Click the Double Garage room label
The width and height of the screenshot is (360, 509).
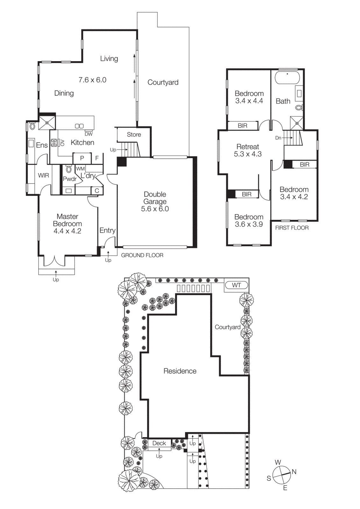tap(155, 201)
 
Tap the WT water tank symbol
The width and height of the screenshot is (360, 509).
tap(236, 285)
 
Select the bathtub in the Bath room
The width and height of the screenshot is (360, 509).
tap(287, 77)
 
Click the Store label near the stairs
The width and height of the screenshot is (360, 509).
tap(134, 135)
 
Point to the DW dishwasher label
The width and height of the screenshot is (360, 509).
tap(88, 134)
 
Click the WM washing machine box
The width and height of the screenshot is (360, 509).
tap(80, 169)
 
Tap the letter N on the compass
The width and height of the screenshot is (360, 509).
tap(294, 472)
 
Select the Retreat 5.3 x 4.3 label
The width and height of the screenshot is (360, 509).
tap(248, 150)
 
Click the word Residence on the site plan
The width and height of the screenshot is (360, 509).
tap(180, 371)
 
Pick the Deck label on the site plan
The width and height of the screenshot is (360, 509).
tap(159, 443)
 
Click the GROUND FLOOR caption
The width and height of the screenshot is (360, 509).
tap(142, 255)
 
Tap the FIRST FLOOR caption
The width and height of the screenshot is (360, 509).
tap(292, 228)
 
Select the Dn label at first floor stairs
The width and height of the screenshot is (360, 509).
tap(278, 138)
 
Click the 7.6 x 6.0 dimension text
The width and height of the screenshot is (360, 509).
tap(92, 80)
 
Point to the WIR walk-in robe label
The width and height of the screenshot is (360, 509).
tap(44, 175)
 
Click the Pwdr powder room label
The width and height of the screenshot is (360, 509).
tap(69, 179)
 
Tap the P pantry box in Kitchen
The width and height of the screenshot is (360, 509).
tap(82, 158)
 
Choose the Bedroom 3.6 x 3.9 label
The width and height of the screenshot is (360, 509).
tap(249, 220)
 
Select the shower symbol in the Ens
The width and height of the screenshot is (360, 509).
tap(47, 122)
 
